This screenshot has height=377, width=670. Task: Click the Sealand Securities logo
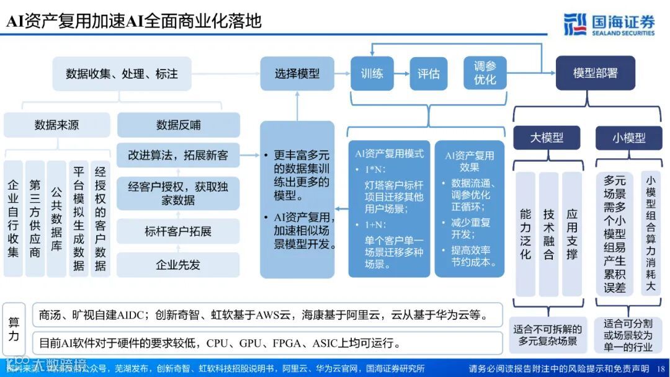coord(609,24)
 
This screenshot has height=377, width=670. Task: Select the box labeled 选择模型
coord(297,73)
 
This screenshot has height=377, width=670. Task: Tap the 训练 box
coord(372,73)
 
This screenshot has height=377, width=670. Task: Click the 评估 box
coord(428,74)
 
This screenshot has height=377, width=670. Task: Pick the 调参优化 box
coord(485,73)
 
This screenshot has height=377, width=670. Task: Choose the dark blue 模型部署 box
coord(595,73)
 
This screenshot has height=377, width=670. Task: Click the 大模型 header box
coord(547,138)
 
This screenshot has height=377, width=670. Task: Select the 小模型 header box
coord(628,138)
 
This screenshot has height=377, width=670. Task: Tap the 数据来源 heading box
coord(56,125)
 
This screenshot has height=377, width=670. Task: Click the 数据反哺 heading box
coord(178,125)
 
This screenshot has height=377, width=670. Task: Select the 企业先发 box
coord(178,265)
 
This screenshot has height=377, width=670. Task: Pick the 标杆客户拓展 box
coord(178,231)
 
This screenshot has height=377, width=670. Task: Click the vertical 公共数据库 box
coord(56,218)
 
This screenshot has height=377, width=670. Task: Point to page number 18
coord(660,368)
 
